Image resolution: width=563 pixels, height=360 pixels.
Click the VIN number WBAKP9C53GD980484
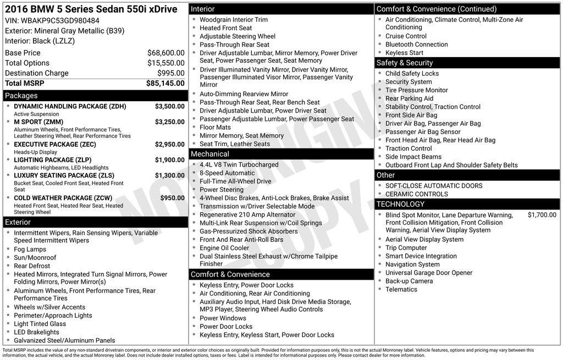(x=60, y=21)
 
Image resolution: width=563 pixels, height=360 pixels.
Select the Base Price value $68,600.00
(x=165, y=53)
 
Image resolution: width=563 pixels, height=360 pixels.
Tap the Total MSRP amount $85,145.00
(x=165, y=84)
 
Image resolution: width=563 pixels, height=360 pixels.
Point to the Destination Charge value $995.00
(x=170, y=73)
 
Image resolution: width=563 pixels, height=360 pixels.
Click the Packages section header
(x=21, y=96)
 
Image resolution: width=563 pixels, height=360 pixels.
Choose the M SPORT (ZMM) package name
(x=38, y=122)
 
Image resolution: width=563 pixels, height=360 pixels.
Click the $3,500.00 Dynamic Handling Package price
(x=169, y=106)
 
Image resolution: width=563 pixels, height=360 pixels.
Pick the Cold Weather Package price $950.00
(x=172, y=198)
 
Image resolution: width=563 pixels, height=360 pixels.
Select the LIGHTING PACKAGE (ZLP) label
(x=53, y=160)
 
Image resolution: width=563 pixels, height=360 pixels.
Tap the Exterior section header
(x=18, y=222)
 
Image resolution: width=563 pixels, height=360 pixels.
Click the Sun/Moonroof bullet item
(x=35, y=257)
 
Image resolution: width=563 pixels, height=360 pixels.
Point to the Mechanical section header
(x=210, y=154)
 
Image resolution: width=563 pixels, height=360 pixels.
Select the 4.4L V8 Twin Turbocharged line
(x=239, y=164)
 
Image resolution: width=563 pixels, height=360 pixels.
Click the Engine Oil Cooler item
(x=224, y=248)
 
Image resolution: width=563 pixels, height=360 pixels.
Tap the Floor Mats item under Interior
(x=215, y=127)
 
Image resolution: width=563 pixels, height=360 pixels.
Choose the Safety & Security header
(x=405, y=63)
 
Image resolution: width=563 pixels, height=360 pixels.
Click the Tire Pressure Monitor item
(x=417, y=90)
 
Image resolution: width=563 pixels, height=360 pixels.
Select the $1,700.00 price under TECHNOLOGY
(x=542, y=215)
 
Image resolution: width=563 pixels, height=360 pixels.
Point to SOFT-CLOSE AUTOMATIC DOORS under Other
(x=434, y=186)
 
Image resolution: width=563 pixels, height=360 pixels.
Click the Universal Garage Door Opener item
(x=429, y=273)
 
